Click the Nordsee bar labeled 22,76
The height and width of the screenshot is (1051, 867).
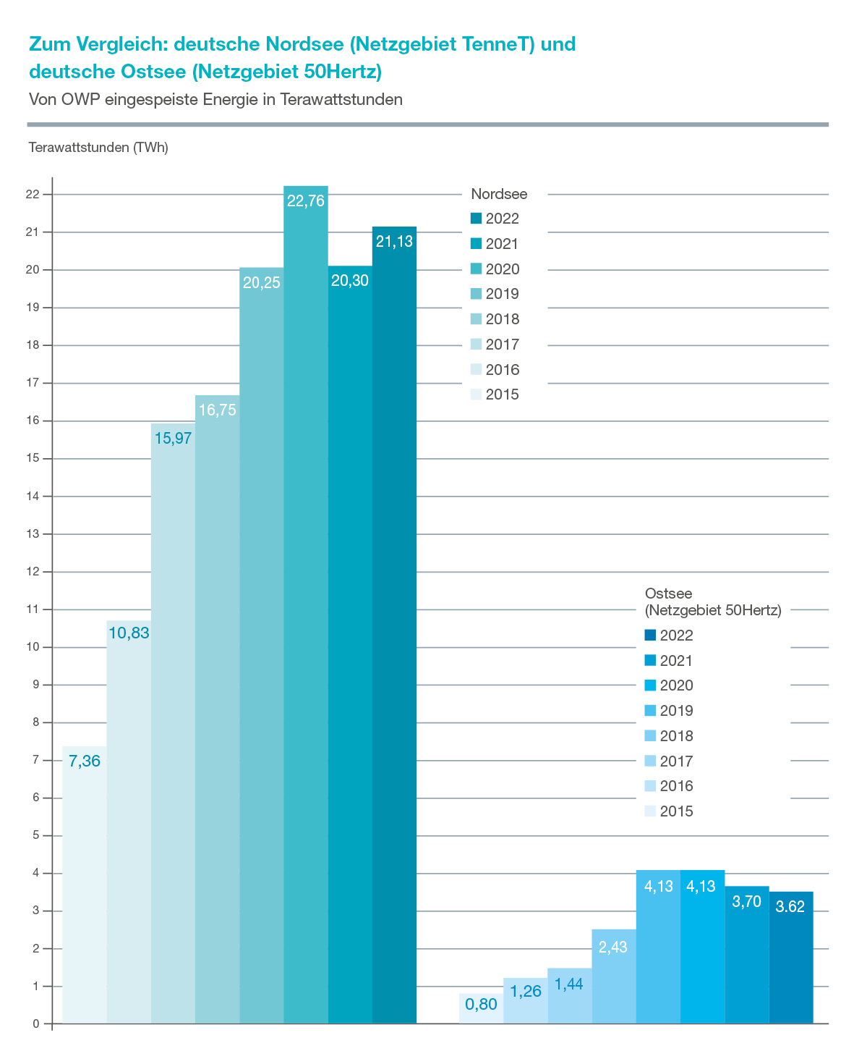pyautogui.click(x=306, y=604)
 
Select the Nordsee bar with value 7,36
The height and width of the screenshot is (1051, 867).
pyautogui.click(x=85, y=885)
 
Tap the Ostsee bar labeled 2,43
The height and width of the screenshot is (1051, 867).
pyautogui.click(x=613, y=976)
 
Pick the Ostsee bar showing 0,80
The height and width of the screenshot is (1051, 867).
pyautogui.click(x=482, y=1008)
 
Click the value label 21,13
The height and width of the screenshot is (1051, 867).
pyautogui.click(x=394, y=242)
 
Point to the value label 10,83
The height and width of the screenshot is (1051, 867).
pyautogui.click(x=129, y=633)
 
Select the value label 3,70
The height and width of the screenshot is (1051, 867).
pyautogui.click(x=746, y=901)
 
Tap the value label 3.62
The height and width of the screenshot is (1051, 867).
pyautogui.click(x=790, y=906)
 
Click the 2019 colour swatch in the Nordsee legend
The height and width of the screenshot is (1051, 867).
pyautogui.click(x=476, y=293)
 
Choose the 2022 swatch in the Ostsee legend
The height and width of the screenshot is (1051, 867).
pyautogui.click(x=650, y=636)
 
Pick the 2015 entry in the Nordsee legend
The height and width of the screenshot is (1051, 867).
pyautogui.click(x=495, y=394)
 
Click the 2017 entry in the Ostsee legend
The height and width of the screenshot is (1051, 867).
pyautogui.click(x=669, y=761)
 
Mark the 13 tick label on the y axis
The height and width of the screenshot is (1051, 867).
pyautogui.click(x=33, y=534)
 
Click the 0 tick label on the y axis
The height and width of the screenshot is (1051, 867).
pyautogui.click(x=35, y=1023)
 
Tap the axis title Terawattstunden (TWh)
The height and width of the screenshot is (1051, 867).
pyautogui.click(x=98, y=148)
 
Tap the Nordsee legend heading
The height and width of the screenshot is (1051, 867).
pyautogui.click(x=499, y=194)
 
